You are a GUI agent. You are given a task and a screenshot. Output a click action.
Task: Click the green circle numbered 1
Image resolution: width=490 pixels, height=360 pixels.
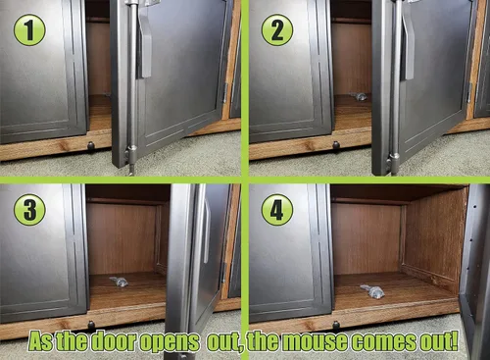(29, 29)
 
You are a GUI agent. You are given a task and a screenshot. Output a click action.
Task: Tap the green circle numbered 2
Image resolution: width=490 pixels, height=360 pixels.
(277, 29)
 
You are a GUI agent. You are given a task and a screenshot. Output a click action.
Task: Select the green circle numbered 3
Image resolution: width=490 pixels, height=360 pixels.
(29, 210)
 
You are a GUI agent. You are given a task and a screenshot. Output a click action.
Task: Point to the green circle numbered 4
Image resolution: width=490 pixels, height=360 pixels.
(277, 210)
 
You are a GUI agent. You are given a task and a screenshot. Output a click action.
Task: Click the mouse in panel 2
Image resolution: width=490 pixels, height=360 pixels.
(359, 96)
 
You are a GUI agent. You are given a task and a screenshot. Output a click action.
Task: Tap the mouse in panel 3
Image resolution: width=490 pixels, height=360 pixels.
(119, 282)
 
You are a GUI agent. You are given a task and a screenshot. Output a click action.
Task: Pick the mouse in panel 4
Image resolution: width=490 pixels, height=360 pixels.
(373, 291)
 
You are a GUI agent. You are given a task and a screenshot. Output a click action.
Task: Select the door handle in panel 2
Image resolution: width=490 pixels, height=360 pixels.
(409, 46)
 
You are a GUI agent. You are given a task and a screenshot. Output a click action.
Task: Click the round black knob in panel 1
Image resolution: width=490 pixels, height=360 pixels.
(91, 145)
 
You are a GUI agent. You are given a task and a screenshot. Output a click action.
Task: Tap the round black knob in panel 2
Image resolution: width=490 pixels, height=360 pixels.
(336, 145)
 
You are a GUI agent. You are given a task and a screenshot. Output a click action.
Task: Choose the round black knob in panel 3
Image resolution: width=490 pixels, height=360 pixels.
(91, 325)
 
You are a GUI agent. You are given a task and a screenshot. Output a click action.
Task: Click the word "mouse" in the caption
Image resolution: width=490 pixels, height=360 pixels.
(313, 341)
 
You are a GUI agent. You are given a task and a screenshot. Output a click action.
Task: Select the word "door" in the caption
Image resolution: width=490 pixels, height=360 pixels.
(115, 341)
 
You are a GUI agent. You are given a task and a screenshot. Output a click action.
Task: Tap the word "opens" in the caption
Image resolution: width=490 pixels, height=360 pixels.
(170, 342)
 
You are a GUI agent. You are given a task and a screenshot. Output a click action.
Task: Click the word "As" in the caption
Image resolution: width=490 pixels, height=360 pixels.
(40, 341)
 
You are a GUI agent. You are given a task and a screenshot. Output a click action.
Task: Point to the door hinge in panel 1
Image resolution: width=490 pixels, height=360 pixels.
(225, 92)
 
